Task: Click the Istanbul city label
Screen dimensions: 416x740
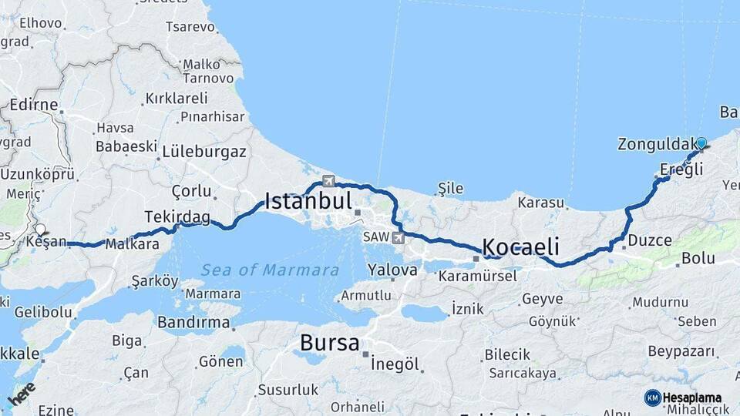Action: point(308,202)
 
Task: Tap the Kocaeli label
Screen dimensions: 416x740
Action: point(520,247)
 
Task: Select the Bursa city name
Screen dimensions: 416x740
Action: point(329,342)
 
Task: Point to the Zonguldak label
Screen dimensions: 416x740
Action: point(656,144)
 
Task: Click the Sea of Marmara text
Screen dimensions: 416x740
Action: point(270,270)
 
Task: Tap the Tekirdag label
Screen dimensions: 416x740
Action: point(177,217)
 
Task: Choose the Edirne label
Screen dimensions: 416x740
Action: point(34,105)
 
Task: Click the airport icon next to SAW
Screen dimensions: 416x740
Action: point(398,237)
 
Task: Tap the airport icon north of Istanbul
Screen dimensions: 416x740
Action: point(329,181)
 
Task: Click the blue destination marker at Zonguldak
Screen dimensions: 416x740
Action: point(701,143)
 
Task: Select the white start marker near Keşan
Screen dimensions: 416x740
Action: point(39,229)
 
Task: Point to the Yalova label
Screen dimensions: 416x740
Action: point(392,270)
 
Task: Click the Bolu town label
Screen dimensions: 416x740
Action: point(698,258)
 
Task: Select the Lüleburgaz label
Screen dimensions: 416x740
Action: point(204,152)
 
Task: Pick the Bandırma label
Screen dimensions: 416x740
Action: point(193,323)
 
